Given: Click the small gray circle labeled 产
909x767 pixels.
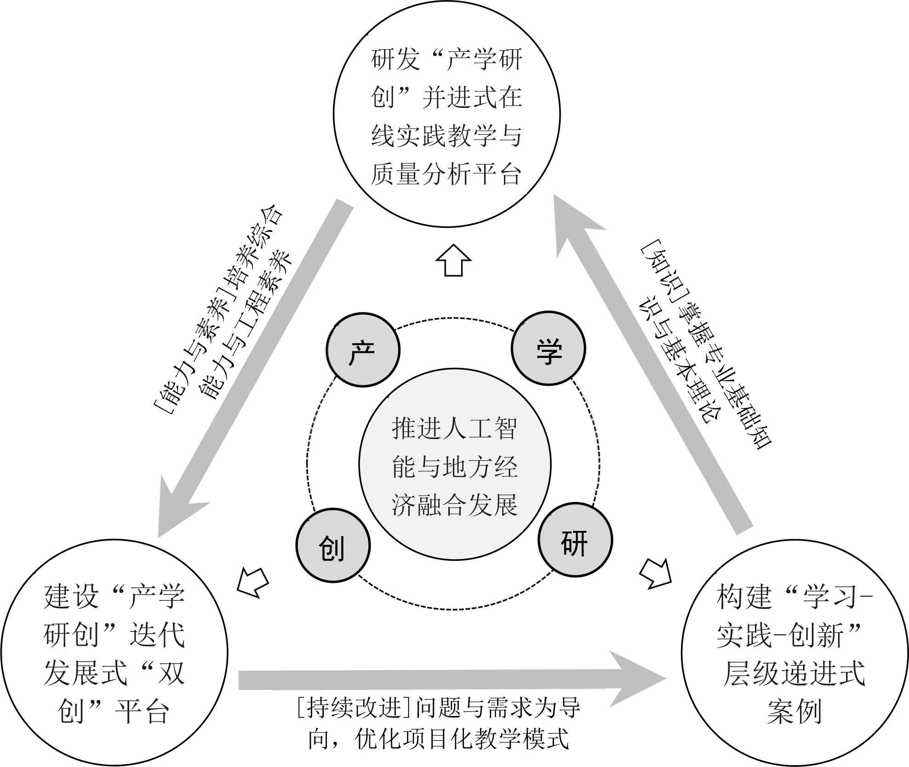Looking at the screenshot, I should (363, 350).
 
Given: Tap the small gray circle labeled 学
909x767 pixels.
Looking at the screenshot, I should (548, 348).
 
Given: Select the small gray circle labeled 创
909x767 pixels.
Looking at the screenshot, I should (332, 546).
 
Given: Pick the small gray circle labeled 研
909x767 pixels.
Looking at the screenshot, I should (575, 540).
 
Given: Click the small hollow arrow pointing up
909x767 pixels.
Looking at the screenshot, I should (454, 260).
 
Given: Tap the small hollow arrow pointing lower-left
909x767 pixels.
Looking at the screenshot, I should (252, 582).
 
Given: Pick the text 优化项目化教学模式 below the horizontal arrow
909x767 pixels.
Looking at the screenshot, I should (462, 739).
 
